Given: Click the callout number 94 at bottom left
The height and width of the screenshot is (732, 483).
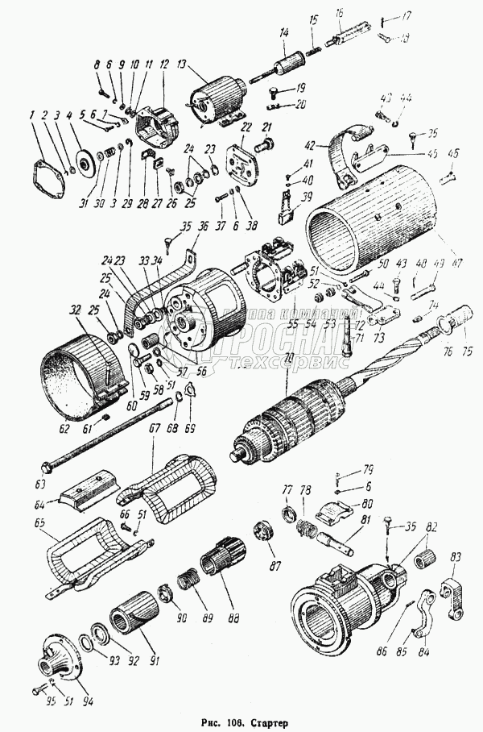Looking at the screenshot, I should coord(88,701).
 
